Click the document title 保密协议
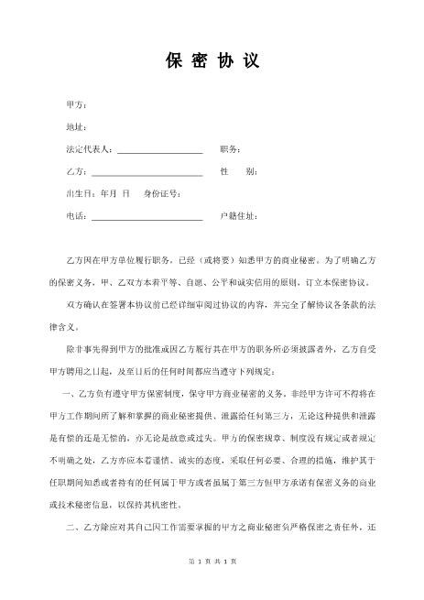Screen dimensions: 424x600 point(212,61)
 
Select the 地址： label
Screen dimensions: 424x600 point(77,126)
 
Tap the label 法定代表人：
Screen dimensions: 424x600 point(90,148)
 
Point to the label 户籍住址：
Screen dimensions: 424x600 point(239,216)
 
